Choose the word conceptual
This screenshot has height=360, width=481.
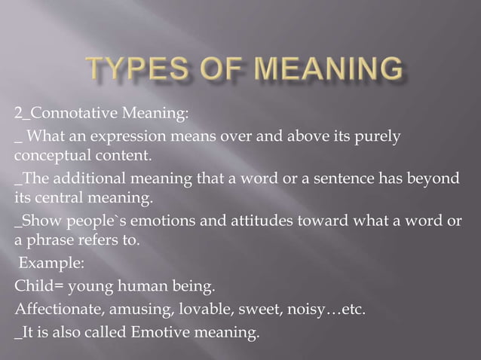pos(49,157)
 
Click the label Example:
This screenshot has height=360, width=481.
pos(47,264)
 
